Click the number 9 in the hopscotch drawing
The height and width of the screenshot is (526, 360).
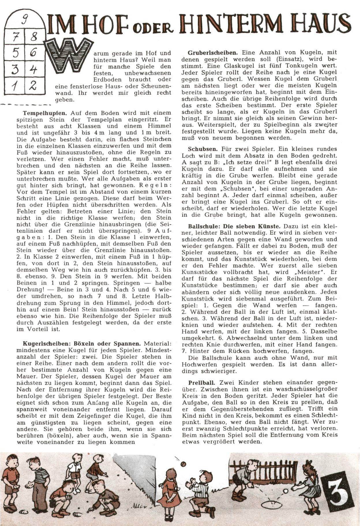tap(25, 20)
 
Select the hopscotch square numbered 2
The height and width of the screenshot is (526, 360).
tap(33, 85)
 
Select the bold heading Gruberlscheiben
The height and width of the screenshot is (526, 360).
tap(213, 53)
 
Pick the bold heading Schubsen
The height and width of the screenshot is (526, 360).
tap(203, 149)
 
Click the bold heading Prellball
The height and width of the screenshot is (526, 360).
tap(202, 383)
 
